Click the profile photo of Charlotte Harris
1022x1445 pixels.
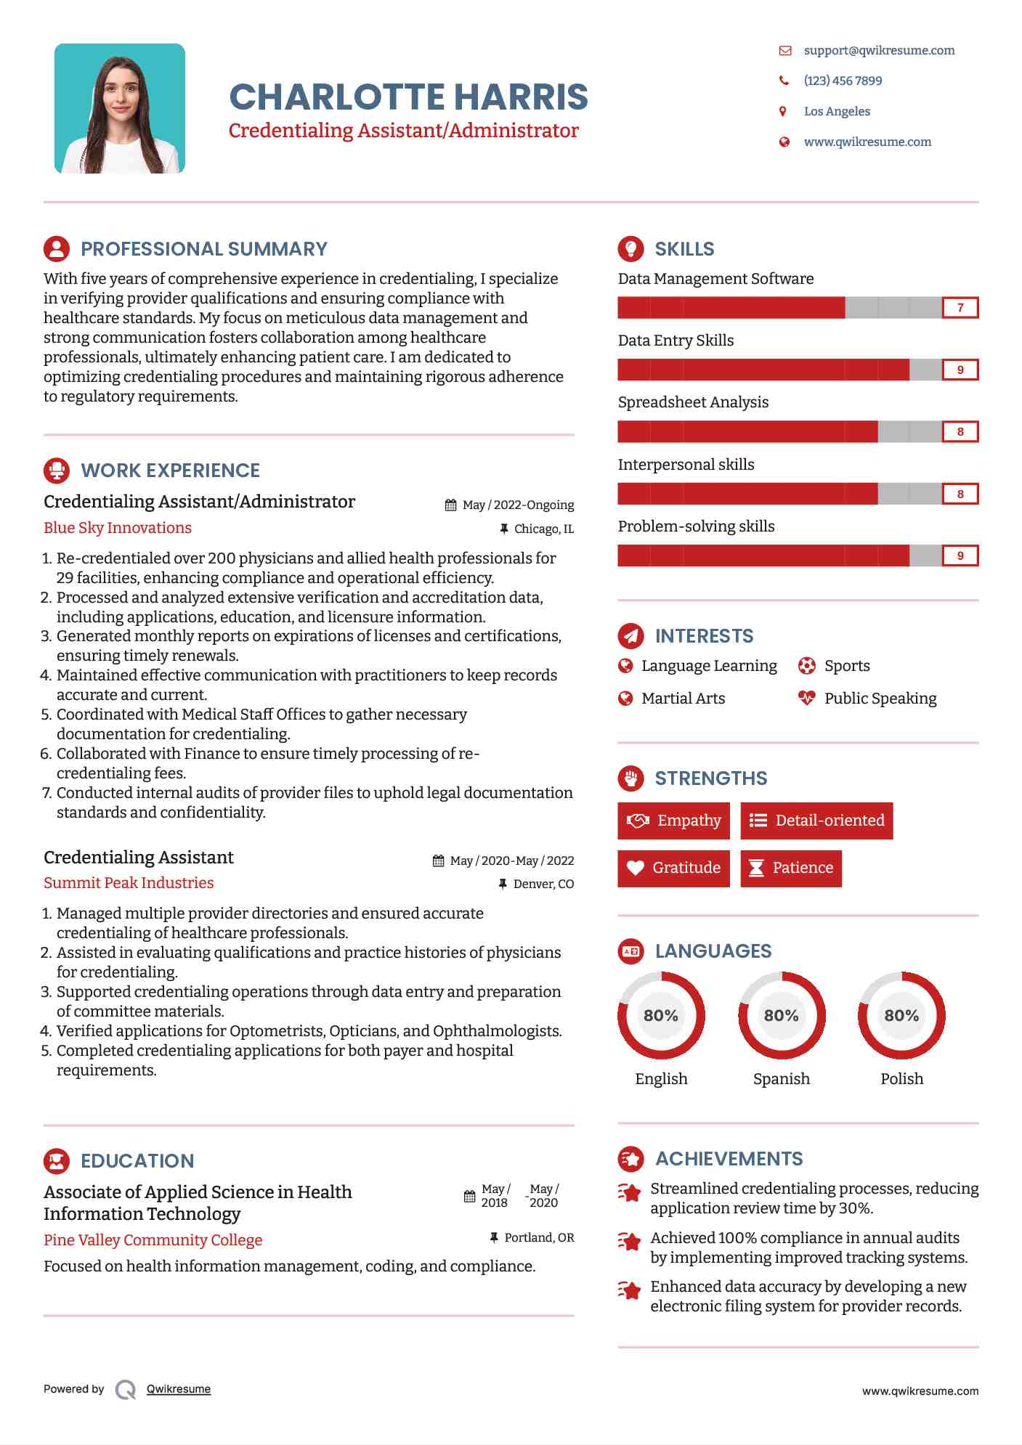120,109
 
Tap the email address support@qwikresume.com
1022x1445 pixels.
879,51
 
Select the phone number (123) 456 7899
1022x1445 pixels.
843,81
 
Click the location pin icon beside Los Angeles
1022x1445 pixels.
783,111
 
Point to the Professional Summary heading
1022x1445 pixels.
203,249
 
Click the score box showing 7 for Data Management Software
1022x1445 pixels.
960,308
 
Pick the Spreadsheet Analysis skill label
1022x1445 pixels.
693,402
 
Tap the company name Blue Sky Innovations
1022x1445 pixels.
118,528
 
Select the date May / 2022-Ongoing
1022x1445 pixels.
518,505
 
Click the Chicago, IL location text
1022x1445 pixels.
543,529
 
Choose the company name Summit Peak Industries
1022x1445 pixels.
129,883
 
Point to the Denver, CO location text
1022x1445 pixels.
543,884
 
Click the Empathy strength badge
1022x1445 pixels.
673,821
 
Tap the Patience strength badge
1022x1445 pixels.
791,868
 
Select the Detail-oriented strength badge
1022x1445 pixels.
816,821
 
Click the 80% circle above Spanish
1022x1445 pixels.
782,1015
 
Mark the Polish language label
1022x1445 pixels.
901,1079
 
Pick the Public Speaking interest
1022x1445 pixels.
880,699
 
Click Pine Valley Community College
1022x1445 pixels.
153,1240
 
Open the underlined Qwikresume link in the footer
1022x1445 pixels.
179,1389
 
